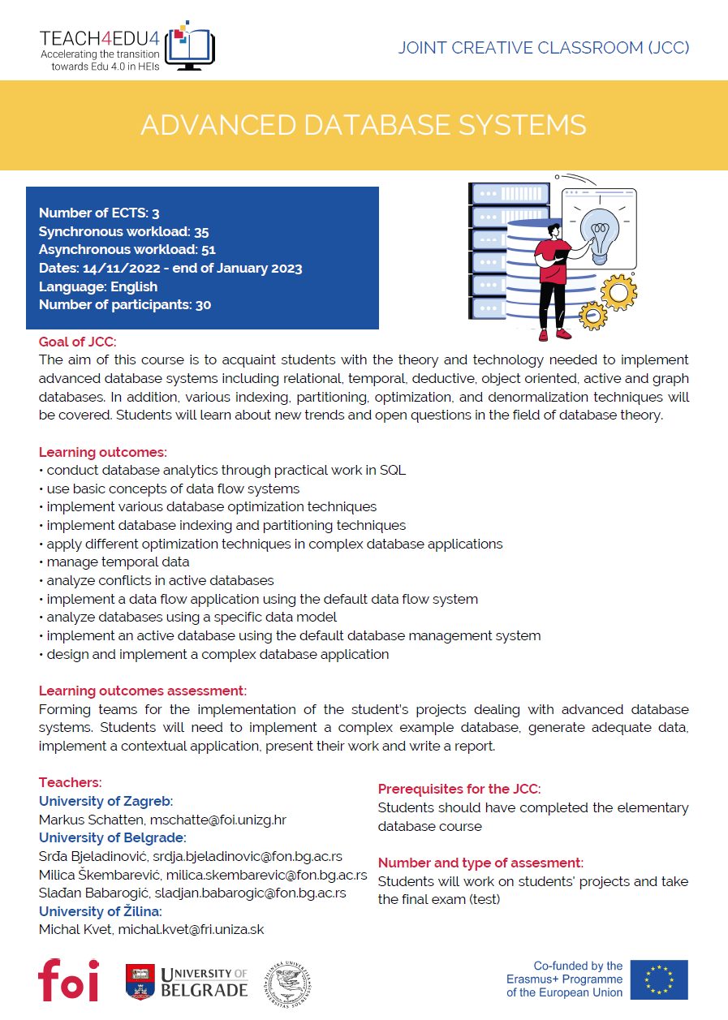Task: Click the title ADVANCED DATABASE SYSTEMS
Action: coord(364,125)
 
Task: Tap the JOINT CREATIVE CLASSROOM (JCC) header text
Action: coord(544,48)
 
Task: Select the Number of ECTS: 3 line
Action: coord(99,213)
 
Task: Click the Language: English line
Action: coord(98,286)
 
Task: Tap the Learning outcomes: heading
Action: coord(103,452)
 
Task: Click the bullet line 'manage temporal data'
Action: coord(118,562)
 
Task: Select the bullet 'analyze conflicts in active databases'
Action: coord(160,580)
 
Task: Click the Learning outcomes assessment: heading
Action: coord(143,691)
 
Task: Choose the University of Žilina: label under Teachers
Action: coord(100,911)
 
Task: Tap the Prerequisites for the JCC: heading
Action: coord(459,789)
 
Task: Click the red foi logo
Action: coord(68,979)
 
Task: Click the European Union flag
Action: coord(659,979)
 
